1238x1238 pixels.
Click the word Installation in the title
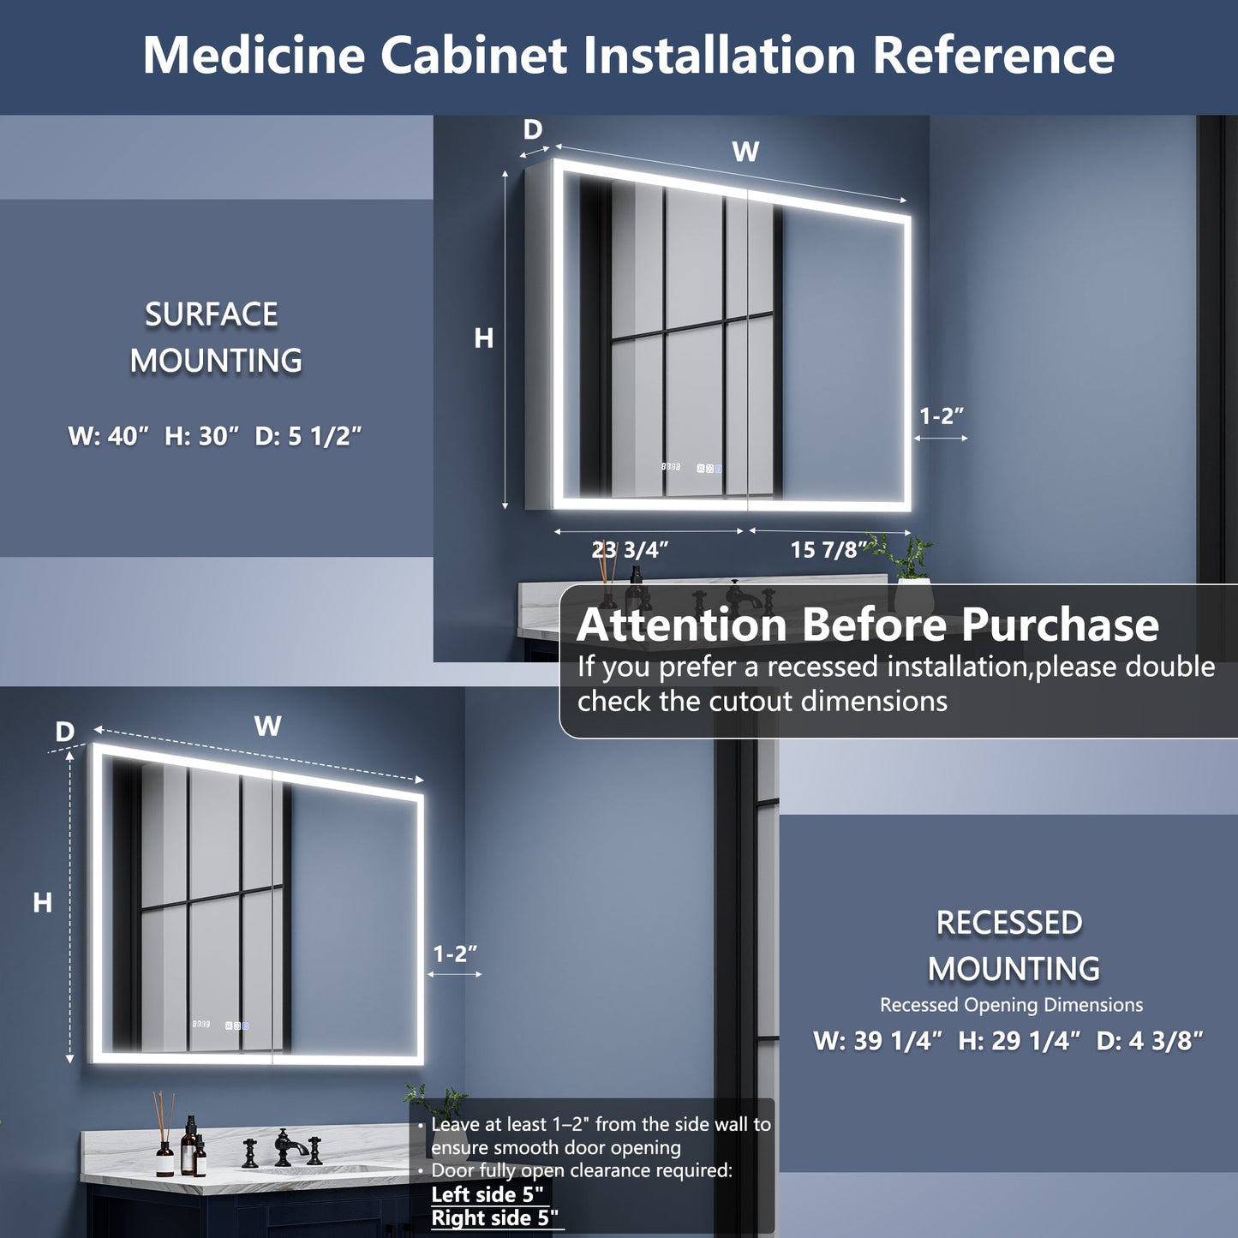pos(720,56)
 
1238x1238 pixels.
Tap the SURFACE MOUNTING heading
pos(214,338)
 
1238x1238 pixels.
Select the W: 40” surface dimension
pos(109,436)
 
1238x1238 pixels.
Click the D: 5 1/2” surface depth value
pos(308,436)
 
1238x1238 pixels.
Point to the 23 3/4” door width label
pos(630,549)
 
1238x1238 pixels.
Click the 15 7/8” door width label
pos(828,549)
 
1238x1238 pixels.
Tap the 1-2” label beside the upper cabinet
pos(942,416)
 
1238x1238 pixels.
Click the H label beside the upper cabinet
pos(484,339)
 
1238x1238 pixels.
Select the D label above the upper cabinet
pos(533,130)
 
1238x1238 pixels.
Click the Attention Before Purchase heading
pos(867,625)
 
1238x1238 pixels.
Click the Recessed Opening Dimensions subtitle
pos(1011,1005)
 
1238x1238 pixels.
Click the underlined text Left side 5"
pos(487,1194)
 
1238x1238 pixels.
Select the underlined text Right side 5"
pos(494,1218)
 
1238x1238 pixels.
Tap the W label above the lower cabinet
pos(268,727)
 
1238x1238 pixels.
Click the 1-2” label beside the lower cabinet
pos(454,954)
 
